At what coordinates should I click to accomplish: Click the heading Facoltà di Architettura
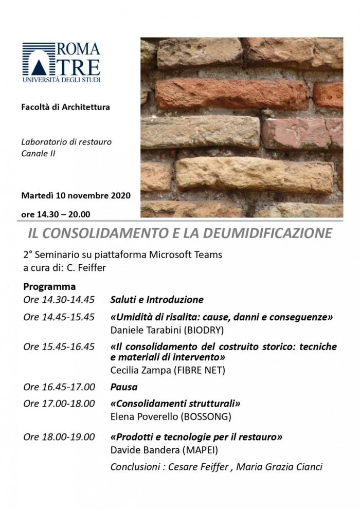tap(66, 107)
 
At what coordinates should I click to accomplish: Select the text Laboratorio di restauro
tap(66, 141)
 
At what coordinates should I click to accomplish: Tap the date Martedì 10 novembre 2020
tap(76, 195)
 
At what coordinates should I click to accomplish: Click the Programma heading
tap(49, 286)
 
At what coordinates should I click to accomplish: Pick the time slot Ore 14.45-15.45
tap(59, 317)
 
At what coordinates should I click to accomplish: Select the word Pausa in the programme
tap(124, 387)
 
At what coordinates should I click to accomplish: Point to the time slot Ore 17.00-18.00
tap(59, 404)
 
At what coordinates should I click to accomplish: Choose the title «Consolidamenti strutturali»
tap(175, 404)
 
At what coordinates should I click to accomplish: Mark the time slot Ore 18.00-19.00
tap(59, 437)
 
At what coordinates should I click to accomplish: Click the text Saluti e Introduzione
tap(157, 299)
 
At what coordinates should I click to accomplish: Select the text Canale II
tap(39, 153)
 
